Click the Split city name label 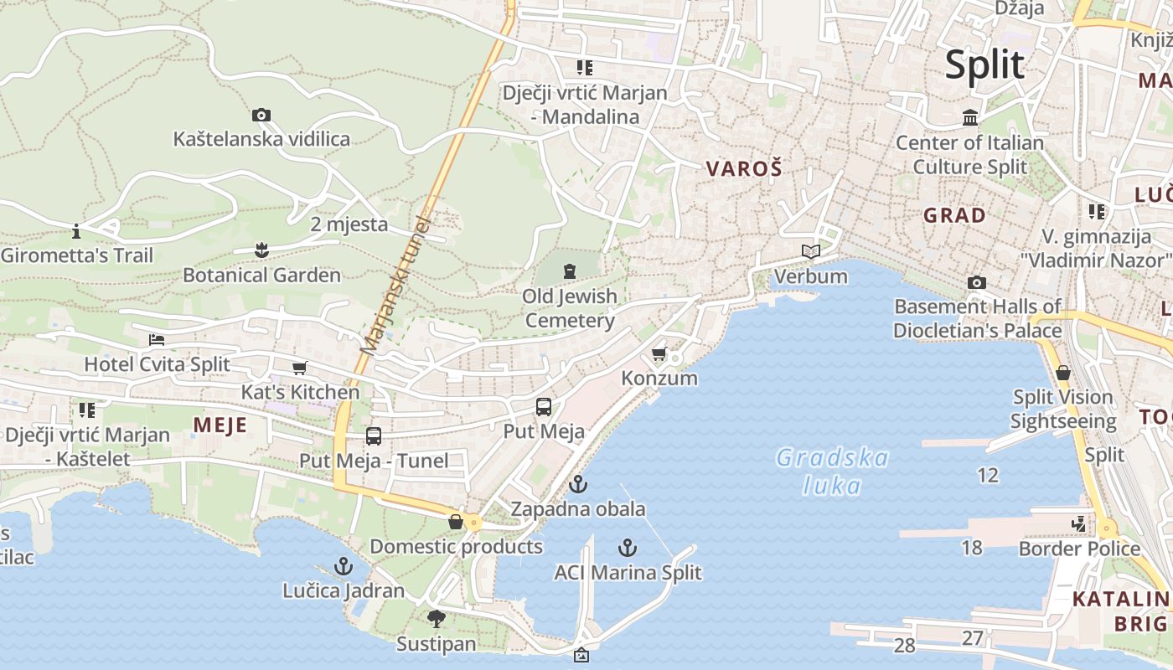click(984, 65)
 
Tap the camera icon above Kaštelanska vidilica click(261, 116)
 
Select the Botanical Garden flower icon click(261, 250)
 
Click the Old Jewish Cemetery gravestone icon click(570, 271)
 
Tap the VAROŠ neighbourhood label click(744, 169)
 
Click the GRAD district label click(954, 215)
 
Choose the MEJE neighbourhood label click(220, 425)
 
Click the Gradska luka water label click(831, 472)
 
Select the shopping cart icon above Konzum click(659, 354)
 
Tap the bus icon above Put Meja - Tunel click(374, 436)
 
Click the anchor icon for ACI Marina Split click(628, 549)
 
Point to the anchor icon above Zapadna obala click(577, 484)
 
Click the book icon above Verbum click(810, 251)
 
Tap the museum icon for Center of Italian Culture click(970, 118)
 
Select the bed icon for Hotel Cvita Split click(157, 340)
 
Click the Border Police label click(1079, 549)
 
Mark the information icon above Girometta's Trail click(76, 230)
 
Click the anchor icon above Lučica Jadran click(344, 567)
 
